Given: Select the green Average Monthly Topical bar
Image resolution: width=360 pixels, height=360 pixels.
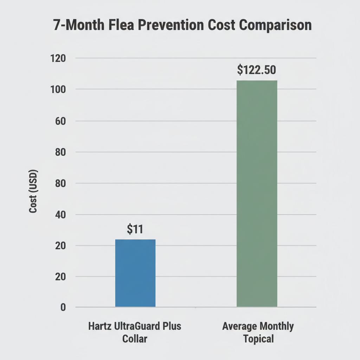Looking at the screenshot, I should point(257,193).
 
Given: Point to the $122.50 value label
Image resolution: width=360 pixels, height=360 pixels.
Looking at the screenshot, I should point(256,70).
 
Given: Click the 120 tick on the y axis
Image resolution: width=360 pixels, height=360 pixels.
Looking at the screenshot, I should point(58,58).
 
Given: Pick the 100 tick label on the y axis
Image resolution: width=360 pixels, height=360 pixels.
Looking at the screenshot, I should point(58,89).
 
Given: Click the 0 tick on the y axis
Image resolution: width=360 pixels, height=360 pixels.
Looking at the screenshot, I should point(63,307).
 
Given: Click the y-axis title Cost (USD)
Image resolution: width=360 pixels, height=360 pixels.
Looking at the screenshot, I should point(33,191).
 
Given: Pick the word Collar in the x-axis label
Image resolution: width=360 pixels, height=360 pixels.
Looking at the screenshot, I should point(135,339).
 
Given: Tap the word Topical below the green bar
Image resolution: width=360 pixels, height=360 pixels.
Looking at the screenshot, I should point(258,339).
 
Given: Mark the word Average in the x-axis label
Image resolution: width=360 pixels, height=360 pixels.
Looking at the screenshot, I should point(239,326).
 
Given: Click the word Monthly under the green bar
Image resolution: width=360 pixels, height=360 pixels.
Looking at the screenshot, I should point(276,326).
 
